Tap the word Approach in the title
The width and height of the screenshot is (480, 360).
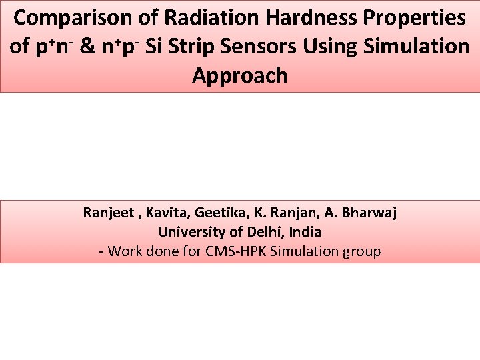(x=239, y=75)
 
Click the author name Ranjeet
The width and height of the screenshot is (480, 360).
(x=105, y=213)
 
